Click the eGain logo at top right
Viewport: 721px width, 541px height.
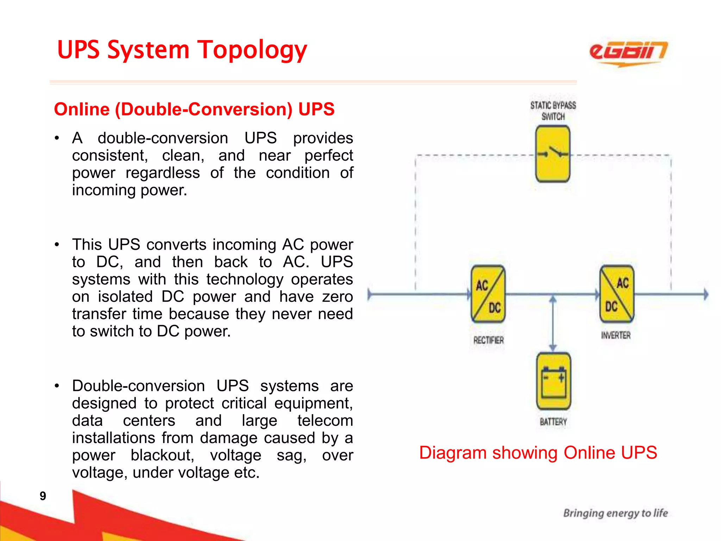[628, 53]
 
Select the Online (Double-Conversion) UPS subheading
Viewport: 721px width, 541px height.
[194, 109]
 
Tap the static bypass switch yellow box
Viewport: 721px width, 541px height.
[552, 154]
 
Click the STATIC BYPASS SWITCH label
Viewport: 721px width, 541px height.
[553, 111]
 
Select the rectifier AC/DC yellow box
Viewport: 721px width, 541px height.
[488, 294]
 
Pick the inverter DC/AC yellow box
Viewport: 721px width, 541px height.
[617, 294]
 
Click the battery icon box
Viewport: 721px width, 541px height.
[553, 381]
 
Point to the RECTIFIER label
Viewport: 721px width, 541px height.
[488, 340]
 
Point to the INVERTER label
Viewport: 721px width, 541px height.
[616, 335]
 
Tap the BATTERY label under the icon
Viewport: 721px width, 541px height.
[553, 422]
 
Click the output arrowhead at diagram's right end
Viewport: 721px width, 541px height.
[706, 294]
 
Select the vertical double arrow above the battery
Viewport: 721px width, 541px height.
[553, 323]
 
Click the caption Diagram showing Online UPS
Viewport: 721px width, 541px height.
[538, 453]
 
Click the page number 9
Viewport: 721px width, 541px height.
[43, 496]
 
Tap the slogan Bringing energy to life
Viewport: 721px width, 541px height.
[615, 513]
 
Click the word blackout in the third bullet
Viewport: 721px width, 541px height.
[162, 455]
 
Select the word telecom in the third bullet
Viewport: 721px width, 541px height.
[325, 421]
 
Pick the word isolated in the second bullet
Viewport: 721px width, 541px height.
[125, 297]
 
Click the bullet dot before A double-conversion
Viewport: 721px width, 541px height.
[57, 138]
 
